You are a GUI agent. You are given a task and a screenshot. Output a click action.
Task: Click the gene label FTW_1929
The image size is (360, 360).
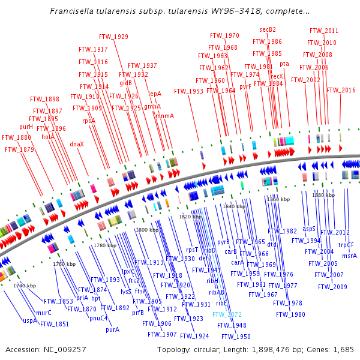point(113,37)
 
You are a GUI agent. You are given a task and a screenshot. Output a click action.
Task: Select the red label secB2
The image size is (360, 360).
point(268,29)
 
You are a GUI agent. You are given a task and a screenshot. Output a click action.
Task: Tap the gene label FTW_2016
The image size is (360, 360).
point(341,90)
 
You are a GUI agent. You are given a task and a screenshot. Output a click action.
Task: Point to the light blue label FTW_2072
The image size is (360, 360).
point(227,314)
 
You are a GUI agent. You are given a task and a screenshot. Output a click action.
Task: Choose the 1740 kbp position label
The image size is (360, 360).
point(25,286)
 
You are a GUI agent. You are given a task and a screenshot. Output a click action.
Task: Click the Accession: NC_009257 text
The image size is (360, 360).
point(46,349)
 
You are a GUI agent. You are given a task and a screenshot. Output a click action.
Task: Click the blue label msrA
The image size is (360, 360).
point(349,256)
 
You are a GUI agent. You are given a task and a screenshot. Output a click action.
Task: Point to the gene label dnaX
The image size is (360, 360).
point(77,144)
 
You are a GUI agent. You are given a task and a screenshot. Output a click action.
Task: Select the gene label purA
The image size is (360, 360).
point(112,329)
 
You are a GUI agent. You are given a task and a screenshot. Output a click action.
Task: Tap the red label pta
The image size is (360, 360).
point(284,64)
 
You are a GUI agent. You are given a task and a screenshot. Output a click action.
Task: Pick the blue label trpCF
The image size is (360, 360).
point(346,244)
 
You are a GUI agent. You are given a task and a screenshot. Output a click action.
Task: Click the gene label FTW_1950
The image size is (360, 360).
point(236,337)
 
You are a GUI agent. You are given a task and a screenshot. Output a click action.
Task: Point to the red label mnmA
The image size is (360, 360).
point(164,116)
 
